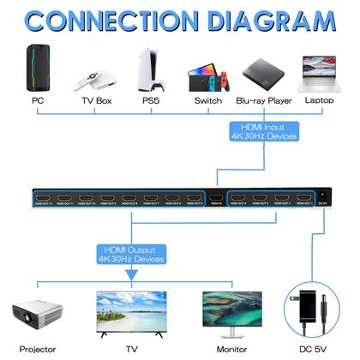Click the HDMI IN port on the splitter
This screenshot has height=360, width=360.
click(217, 201)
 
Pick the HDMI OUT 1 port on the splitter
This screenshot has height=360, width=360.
click(299, 201)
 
